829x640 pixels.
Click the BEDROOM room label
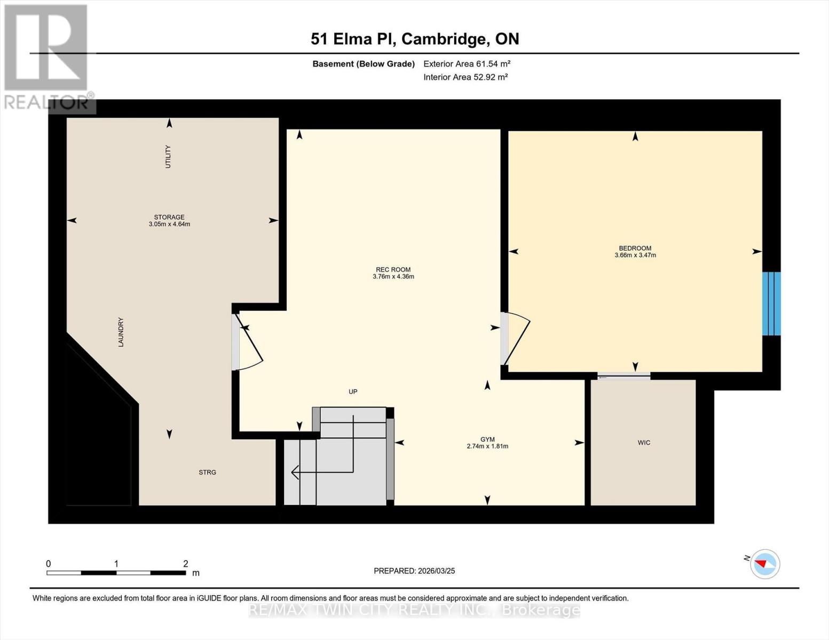(x=635, y=248)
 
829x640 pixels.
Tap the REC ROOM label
(x=393, y=269)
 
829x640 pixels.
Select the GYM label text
(x=487, y=439)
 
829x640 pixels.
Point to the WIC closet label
(x=644, y=443)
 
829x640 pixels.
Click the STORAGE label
(x=169, y=217)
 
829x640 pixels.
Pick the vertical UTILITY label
(x=168, y=157)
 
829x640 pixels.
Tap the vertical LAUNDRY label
(x=121, y=332)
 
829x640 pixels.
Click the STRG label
(x=207, y=473)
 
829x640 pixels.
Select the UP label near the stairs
(x=353, y=391)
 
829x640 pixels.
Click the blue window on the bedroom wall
(x=771, y=303)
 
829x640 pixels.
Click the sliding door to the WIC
(x=623, y=377)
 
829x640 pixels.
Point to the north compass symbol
(x=764, y=564)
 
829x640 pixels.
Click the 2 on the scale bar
(x=186, y=564)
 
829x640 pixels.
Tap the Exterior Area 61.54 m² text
(x=467, y=63)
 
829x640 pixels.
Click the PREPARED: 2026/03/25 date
(x=414, y=571)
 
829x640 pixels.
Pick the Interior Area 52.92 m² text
(x=465, y=77)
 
